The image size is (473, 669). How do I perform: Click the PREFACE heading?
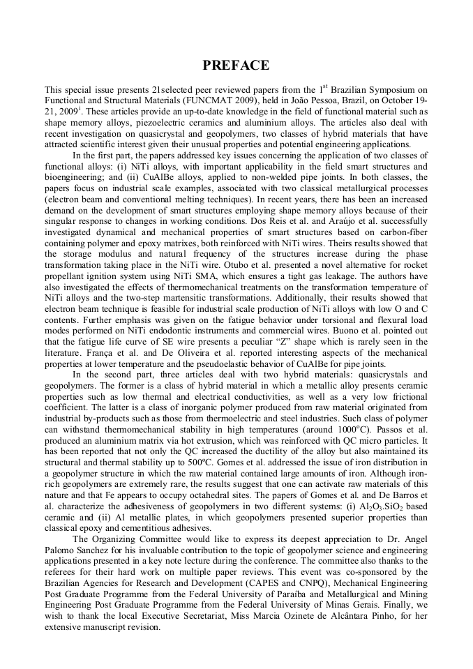pyautogui.click(x=236, y=66)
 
